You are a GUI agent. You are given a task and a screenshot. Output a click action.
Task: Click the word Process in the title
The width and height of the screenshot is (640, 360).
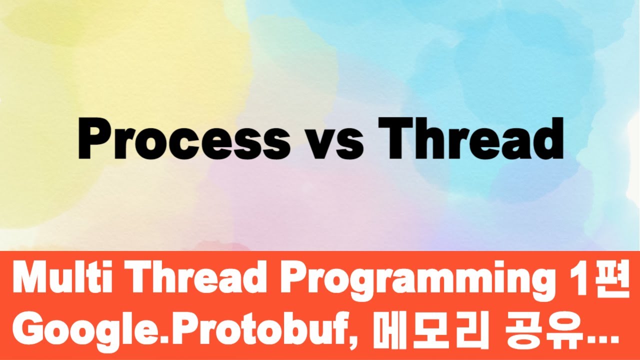[183, 138]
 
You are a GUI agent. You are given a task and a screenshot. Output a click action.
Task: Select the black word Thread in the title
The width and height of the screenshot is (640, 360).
[470, 138]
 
